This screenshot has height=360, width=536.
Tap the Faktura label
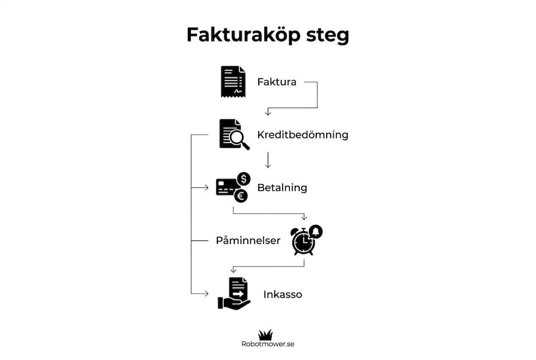pos(277,82)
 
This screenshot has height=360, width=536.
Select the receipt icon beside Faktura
pos(233,82)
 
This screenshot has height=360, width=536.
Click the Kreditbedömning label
pos(303,135)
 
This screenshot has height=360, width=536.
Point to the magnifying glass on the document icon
pos(239,139)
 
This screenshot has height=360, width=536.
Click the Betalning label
pos(282,188)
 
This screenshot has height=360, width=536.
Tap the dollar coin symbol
pos(244,179)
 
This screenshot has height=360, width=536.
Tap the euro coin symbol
pos(241,196)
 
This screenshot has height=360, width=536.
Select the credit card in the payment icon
pos(226,187)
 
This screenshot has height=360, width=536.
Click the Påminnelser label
pos(248,240)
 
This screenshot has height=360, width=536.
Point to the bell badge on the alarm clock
pos(316,231)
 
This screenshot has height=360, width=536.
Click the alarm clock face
pos(303,242)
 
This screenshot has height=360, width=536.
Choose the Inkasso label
pos(283,294)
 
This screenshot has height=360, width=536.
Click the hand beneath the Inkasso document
pos(234,303)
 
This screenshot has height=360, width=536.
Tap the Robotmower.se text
pos(268,344)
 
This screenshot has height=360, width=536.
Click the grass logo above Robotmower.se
pos(265,334)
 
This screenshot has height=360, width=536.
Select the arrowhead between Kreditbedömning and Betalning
pos(268,165)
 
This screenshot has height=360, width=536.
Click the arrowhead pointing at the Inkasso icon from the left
pos(206,293)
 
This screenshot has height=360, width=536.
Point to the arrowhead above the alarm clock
pos(304,217)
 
